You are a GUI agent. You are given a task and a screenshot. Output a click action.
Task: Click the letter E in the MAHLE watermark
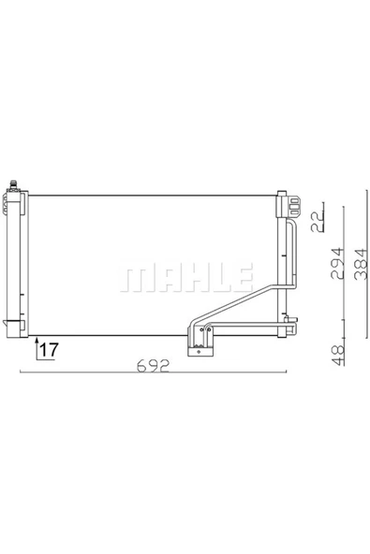(x=242, y=276)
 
